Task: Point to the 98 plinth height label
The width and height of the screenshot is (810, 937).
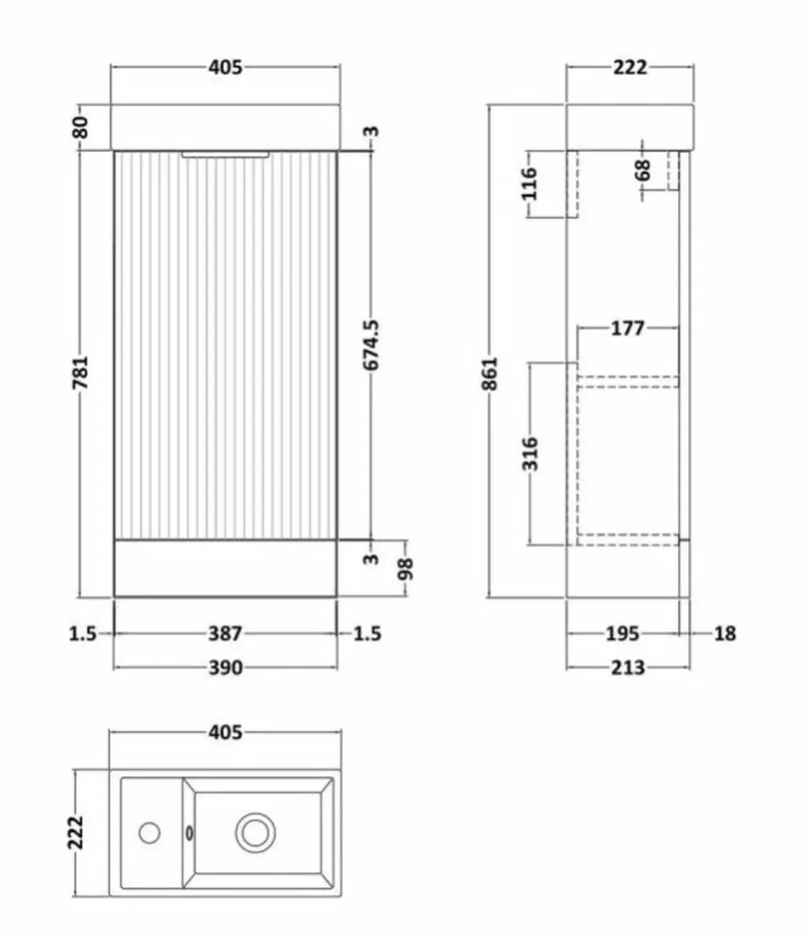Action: [406, 568]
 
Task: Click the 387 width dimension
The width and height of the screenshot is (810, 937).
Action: [225, 633]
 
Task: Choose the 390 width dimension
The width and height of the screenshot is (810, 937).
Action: [225, 668]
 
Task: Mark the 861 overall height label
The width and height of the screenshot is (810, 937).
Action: [490, 373]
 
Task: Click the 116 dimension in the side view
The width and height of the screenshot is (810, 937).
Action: [530, 184]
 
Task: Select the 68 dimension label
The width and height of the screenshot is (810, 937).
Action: [643, 170]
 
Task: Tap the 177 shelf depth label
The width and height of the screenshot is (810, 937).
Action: [627, 329]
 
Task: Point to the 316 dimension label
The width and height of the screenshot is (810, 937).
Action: [530, 454]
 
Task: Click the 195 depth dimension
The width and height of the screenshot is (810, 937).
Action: [623, 633]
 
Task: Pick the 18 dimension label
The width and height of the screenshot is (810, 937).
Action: [725, 633]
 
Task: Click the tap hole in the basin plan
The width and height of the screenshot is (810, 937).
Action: [149, 832]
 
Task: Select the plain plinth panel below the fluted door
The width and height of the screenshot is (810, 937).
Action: [225, 568]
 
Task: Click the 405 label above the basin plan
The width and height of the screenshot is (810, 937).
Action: [225, 732]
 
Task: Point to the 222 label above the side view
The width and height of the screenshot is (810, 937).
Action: [630, 67]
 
